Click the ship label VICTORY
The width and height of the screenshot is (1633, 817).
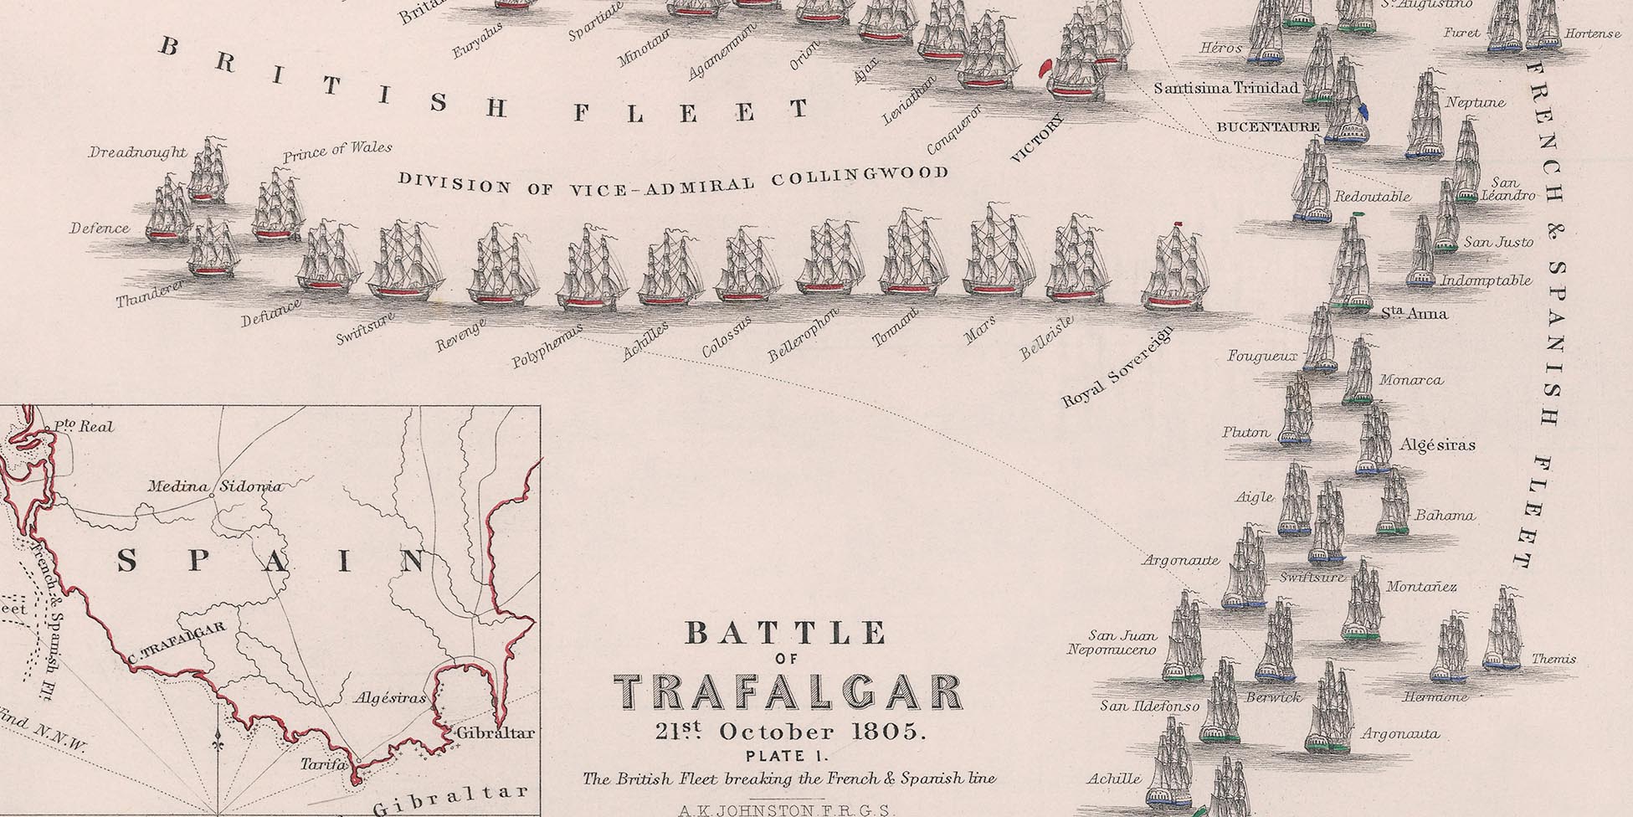pyautogui.click(x=1040, y=139)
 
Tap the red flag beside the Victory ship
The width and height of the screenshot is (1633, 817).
pyautogui.click(x=1045, y=69)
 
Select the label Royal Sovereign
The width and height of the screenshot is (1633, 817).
pyautogui.click(x=1117, y=367)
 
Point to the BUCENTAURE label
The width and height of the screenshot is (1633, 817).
pyautogui.click(x=1267, y=127)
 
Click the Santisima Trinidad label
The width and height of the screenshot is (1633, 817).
pyautogui.click(x=1226, y=88)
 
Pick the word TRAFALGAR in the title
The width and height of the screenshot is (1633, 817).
pyautogui.click(x=788, y=693)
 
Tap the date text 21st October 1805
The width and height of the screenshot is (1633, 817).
pyautogui.click(x=790, y=732)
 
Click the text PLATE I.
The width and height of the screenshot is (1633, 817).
pyautogui.click(x=789, y=756)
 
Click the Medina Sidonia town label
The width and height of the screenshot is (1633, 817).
pyautogui.click(x=215, y=486)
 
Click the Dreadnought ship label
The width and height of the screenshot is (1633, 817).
pyautogui.click(x=137, y=152)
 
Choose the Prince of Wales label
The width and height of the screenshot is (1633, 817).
pyautogui.click(x=337, y=152)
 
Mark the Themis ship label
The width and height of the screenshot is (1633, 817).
pyautogui.click(x=1553, y=659)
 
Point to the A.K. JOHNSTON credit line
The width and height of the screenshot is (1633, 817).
pyautogui.click(x=788, y=809)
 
